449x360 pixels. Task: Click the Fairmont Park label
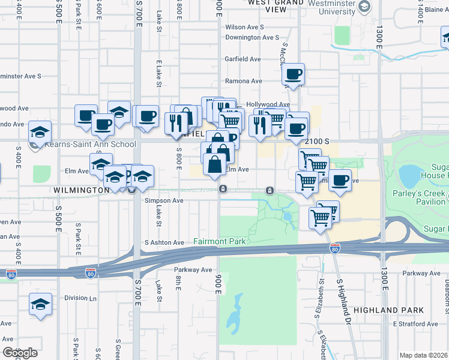click(220, 242)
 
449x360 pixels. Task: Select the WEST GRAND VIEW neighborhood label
click(276, 5)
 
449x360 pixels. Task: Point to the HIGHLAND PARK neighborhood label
click(388, 310)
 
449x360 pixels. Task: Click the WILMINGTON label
click(81, 190)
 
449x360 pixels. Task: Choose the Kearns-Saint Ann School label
click(89, 145)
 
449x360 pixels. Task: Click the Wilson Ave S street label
click(244, 27)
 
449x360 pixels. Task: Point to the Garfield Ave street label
click(243, 59)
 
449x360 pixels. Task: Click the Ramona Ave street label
click(244, 81)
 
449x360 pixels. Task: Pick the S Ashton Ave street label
click(164, 242)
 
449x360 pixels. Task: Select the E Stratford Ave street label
click(415, 324)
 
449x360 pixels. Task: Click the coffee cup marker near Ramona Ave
click(293, 75)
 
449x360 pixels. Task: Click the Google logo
click(20, 353)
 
